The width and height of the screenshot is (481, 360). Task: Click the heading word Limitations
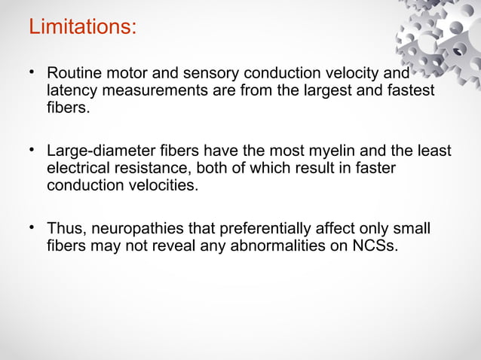(x=82, y=27)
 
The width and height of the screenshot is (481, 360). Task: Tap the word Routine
(x=73, y=74)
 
